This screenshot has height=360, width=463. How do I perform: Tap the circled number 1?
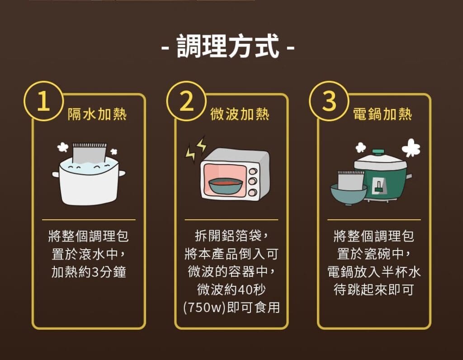click(44, 101)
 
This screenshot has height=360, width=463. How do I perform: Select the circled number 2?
click(186, 101)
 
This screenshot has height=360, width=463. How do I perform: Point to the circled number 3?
click(329, 101)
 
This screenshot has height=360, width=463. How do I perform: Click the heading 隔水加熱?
click(97, 114)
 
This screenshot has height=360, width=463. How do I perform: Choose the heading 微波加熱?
click(240, 114)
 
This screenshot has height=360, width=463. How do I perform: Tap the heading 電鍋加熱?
click(383, 114)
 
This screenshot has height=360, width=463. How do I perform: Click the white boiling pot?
click(89, 182)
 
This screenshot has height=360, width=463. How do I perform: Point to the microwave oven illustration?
click(235, 175)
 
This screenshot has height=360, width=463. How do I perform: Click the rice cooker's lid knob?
click(378, 152)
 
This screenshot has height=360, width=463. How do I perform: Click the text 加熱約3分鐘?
click(89, 272)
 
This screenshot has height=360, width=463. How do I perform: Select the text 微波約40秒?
click(231, 289)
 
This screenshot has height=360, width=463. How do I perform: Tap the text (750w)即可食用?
click(231, 308)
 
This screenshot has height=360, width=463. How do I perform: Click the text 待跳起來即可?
click(374, 289)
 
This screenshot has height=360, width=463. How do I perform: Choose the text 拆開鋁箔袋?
click(228, 236)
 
